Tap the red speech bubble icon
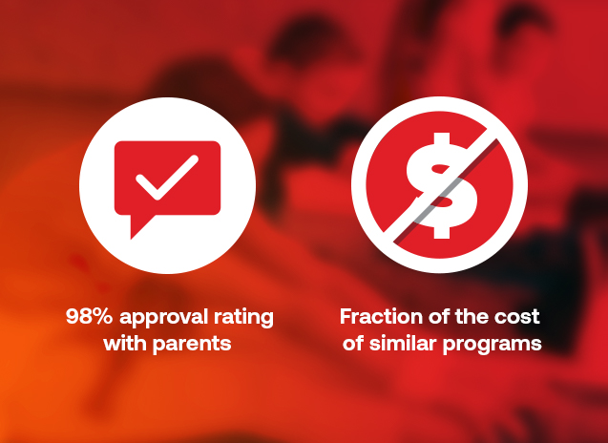point(168,182)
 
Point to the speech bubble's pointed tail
point(139,226)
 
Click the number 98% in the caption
point(89,316)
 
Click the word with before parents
point(126,344)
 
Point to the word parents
point(193,345)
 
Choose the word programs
point(493,346)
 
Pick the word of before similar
point(353,344)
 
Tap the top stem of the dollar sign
point(442,138)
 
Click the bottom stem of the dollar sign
point(442,232)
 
